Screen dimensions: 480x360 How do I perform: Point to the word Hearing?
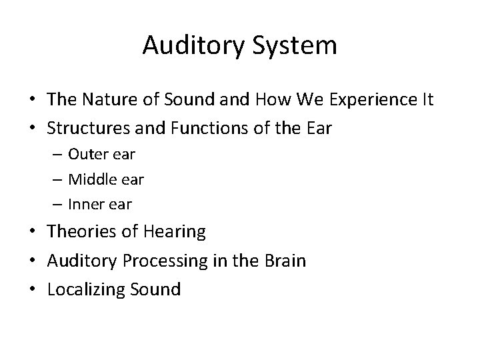click(173, 232)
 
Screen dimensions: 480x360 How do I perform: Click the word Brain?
click(283, 260)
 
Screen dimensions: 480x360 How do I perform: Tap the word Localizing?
click(85, 290)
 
